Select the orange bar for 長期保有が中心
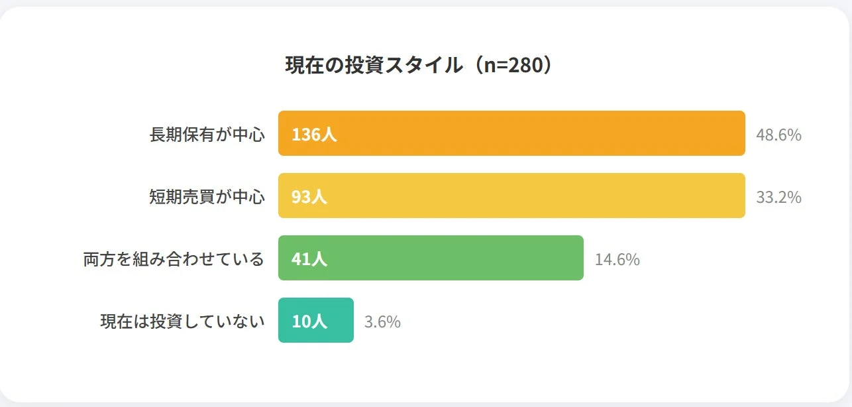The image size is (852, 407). tap(511, 133)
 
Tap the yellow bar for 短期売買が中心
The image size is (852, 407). tap(511, 196)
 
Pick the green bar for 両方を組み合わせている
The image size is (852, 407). tap(431, 258)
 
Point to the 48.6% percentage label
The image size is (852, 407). tap(778, 135)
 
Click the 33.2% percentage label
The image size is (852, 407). tap(778, 198)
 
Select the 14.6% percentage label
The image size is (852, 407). tap(617, 260)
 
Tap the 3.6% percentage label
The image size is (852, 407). tap(382, 322)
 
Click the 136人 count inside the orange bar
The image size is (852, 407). tap(314, 135)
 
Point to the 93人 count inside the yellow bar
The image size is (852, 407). tap(309, 197)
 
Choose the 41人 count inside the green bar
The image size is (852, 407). tap(309, 259)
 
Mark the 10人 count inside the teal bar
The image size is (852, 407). tap(309, 321)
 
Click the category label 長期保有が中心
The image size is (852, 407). tap(207, 135)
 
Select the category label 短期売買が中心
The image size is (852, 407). tap(207, 197)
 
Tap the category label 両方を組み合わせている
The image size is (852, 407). tap(174, 259)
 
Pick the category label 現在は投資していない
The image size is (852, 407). tap(182, 321)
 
